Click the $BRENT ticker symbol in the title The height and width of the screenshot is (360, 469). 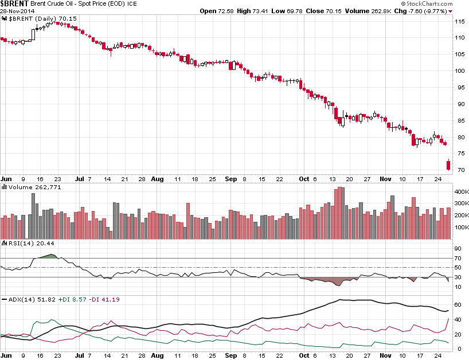(15, 3)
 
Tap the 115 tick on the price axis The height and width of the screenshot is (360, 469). (459, 21)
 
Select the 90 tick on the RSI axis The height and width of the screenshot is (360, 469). (458, 249)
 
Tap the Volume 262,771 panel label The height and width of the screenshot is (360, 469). (28, 187)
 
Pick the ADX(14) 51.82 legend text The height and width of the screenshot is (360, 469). (29, 299)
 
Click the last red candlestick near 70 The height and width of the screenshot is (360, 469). (448, 166)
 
